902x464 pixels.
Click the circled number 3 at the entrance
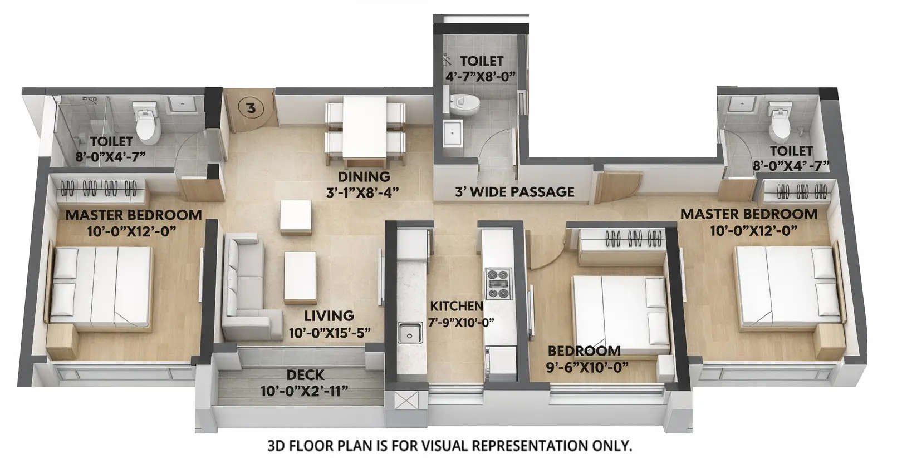coord(251,108)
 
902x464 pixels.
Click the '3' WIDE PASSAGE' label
coord(514,192)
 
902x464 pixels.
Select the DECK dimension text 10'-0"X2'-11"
coord(304,391)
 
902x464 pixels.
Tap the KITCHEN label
coord(457,306)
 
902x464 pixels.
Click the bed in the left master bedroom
coord(101,285)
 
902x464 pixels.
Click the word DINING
coord(364,177)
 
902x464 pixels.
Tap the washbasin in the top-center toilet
coord(454,134)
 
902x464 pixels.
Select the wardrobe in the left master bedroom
coord(99,189)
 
